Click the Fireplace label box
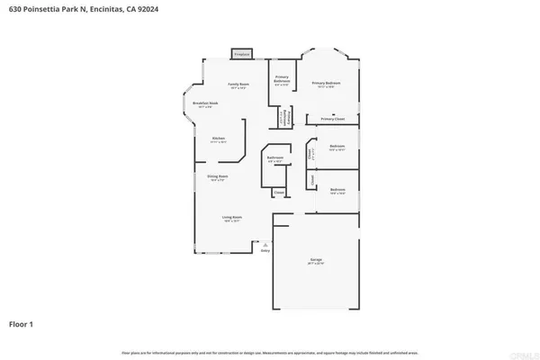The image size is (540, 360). (x=241, y=54)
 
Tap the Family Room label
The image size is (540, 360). (x=238, y=84)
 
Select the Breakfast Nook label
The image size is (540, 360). (x=206, y=104)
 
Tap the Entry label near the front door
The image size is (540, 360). (x=265, y=250)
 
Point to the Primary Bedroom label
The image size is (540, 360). (x=323, y=84)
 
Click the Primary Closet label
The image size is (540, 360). (x=332, y=119)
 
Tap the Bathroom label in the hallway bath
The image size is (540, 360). (x=275, y=158)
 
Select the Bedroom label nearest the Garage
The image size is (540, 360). (x=337, y=190)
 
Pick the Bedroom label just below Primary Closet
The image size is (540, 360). (x=337, y=147)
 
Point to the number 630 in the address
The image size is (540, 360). (x=15, y=9)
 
